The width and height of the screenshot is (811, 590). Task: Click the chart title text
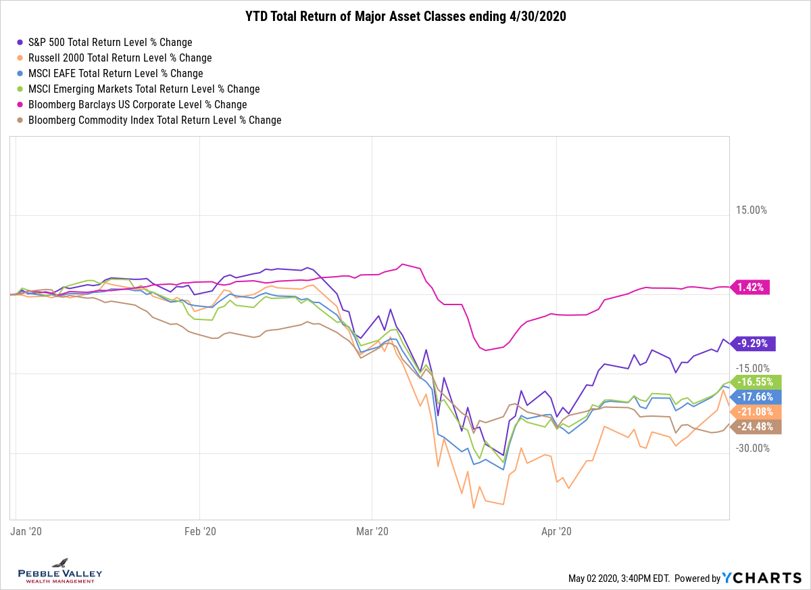405,17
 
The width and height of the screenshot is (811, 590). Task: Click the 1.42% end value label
751,287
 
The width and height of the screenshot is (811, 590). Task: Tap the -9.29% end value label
753,343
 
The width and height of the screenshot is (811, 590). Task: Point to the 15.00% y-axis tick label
751,210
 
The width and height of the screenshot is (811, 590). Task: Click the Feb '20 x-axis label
200,532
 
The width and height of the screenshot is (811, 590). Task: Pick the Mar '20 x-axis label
372,532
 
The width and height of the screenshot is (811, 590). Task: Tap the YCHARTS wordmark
762,578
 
